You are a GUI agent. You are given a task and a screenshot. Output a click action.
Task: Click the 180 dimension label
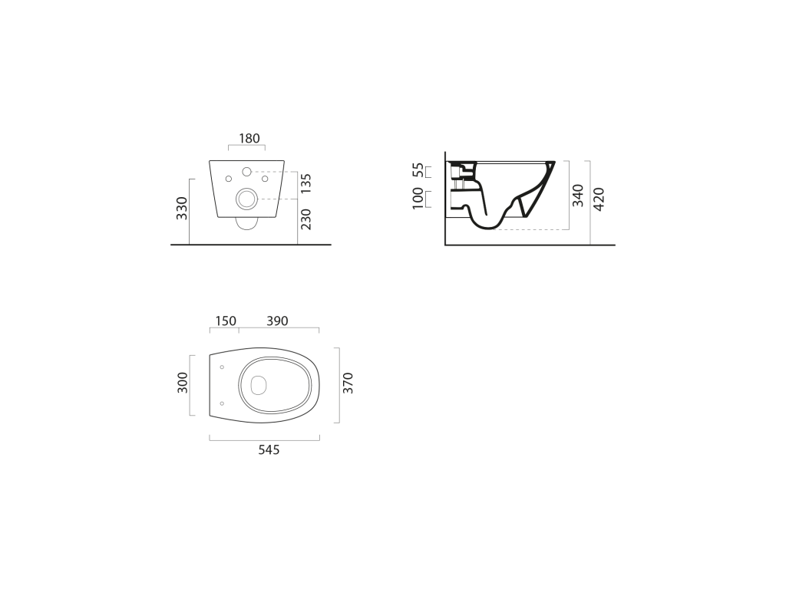249,138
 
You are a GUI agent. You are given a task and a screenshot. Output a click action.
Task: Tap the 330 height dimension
182,209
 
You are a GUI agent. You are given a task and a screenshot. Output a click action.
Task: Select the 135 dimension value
306,183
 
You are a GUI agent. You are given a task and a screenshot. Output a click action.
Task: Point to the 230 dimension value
306,219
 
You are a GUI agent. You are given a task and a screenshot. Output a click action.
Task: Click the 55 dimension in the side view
418,170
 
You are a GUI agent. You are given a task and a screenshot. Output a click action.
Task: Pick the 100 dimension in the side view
418,199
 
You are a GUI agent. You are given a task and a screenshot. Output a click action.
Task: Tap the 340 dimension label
578,196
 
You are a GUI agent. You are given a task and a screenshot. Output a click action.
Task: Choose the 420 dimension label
599,199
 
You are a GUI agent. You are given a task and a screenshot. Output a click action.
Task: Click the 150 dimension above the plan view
226,321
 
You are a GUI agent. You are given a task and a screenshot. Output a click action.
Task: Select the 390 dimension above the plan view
277,321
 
